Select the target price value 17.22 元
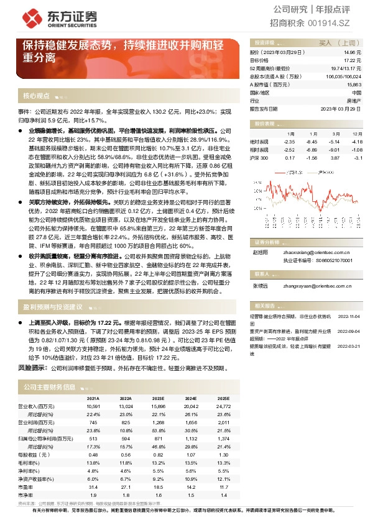353,60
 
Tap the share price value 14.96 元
353,53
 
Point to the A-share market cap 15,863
353,84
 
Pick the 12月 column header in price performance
356,134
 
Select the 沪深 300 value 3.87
335,158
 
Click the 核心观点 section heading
36,96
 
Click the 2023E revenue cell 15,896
157,406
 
